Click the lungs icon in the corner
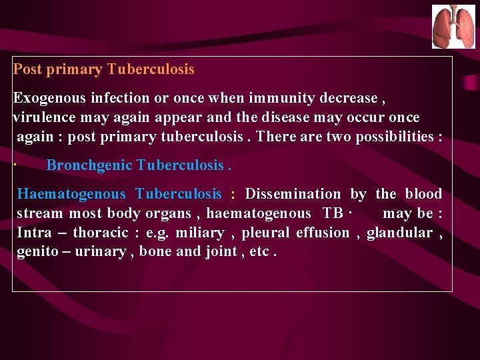[453, 27]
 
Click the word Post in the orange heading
[27, 69]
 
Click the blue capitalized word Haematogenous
[71, 194]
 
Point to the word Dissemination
[293, 194]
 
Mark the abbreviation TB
[333, 213]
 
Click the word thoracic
[101, 233]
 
